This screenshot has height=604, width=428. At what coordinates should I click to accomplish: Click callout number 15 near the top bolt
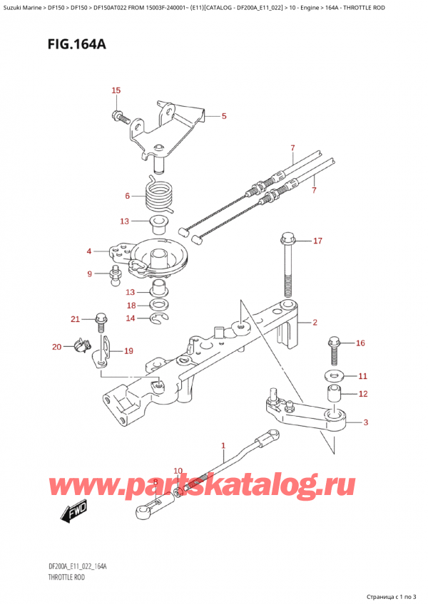[116, 90]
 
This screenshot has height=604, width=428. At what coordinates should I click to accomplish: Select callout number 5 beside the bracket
[223, 116]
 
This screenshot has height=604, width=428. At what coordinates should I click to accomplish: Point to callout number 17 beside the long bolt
[317, 241]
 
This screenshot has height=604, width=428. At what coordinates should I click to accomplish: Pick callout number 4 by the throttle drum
[89, 251]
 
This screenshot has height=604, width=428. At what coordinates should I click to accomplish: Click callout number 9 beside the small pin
[90, 274]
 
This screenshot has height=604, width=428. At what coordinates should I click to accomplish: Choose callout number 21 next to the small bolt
[75, 318]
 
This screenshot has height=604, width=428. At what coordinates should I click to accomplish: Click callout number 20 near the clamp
[57, 347]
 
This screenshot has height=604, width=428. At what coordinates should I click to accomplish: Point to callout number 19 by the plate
[128, 350]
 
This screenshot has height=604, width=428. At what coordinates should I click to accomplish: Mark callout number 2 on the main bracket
[314, 323]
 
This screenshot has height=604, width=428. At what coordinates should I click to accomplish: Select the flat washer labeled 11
[334, 375]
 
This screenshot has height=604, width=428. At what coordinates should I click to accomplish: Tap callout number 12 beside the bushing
[362, 393]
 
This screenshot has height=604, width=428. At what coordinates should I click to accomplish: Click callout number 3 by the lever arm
[365, 423]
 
